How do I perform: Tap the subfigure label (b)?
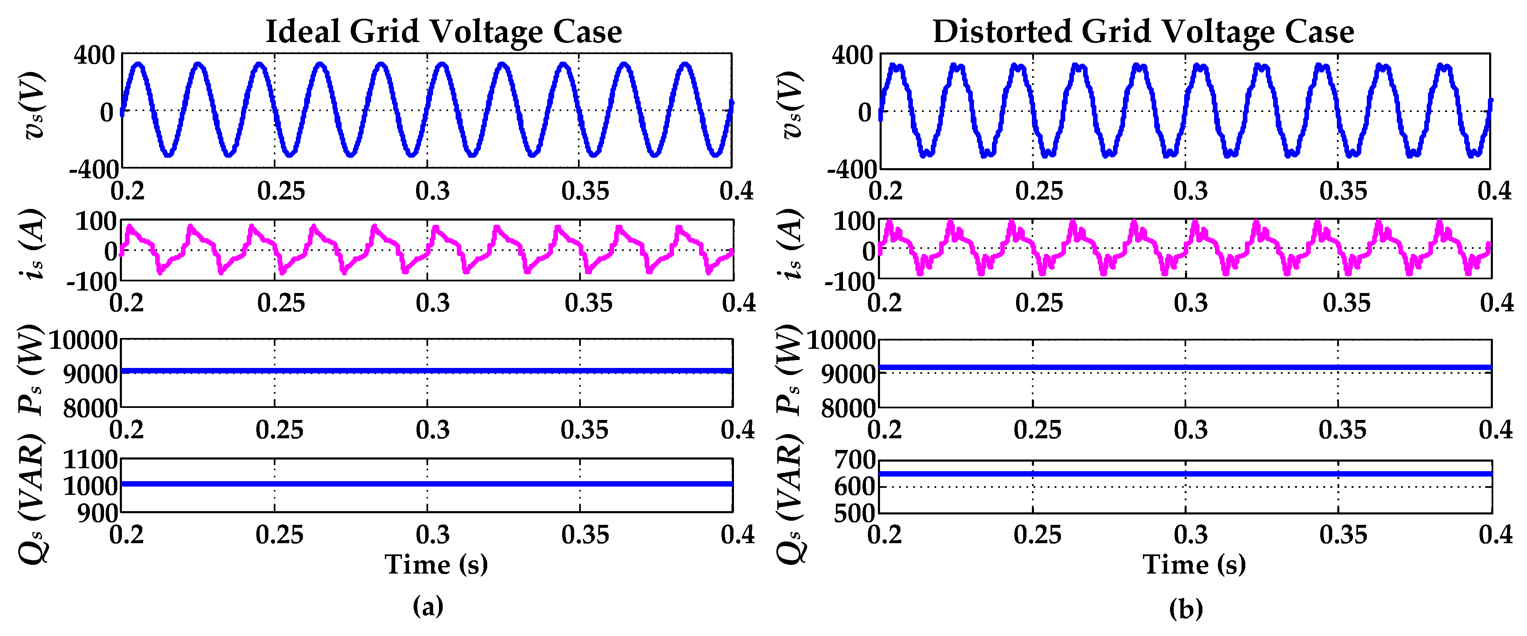(x=1185, y=608)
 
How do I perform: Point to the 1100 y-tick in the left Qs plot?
(x=90, y=460)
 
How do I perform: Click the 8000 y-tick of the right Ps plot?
(x=848, y=408)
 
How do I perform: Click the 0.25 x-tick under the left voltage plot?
(x=280, y=191)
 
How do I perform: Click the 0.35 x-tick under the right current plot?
(x=1346, y=303)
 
